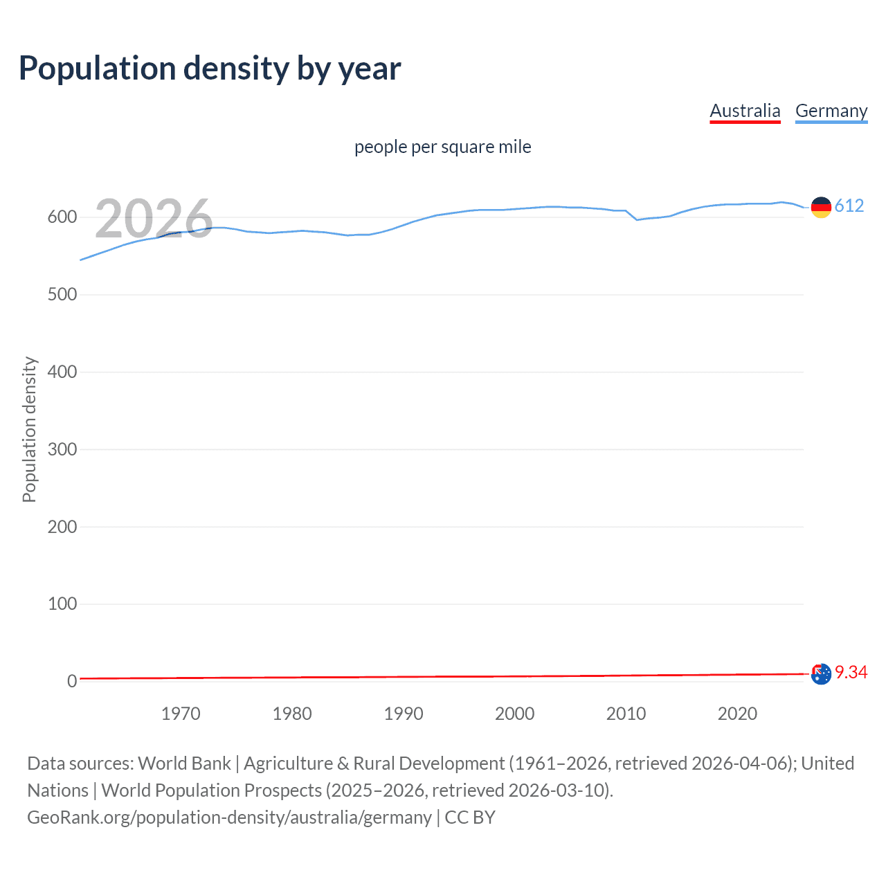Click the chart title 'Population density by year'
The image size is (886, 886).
pyautogui.click(x=210, y=69)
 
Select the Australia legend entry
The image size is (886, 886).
pyautogui.click(x=745, y=111)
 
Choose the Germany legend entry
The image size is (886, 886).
pyautogui.click(x=831, y=111)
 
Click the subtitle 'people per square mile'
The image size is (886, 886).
pyautogui.click(x=442, y=147)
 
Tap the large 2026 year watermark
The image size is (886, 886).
pyautogui.click(x=154, y=218)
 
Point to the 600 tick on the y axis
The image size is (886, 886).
pyautogui.click(x=62, y=217)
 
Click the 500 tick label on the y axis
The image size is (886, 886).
pyautogui.click(x=62, y=295)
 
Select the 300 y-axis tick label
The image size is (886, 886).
pyautogui.click(x=62, y=449)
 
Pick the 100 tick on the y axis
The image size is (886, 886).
pyautogui.click(x=62, y=604)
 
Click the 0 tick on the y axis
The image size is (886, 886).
pyautogui.click(x=71, y=681)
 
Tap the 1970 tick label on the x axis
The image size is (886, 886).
pyautogui.click(x=181, y=714)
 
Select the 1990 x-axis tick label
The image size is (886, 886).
pyautogui.click(x=404, y=714)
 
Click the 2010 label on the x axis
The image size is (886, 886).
pyautogui.click(x=626, y=714)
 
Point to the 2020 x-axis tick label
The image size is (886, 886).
pyautogui.click(x=737, y=714)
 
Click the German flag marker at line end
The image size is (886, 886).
pyautogui.click(x=821, y=207)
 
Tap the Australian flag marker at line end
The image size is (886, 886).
pyautogui.click(x=821, y=674)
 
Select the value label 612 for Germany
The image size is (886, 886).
pyautogui.click(x=849, y=206)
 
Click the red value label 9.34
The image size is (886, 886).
pyautogui.click(x=851, y=672)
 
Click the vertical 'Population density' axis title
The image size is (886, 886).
pyautogui.click(x=29, y=429)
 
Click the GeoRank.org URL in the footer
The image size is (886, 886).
pyautogui.click(x=229, y=817)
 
